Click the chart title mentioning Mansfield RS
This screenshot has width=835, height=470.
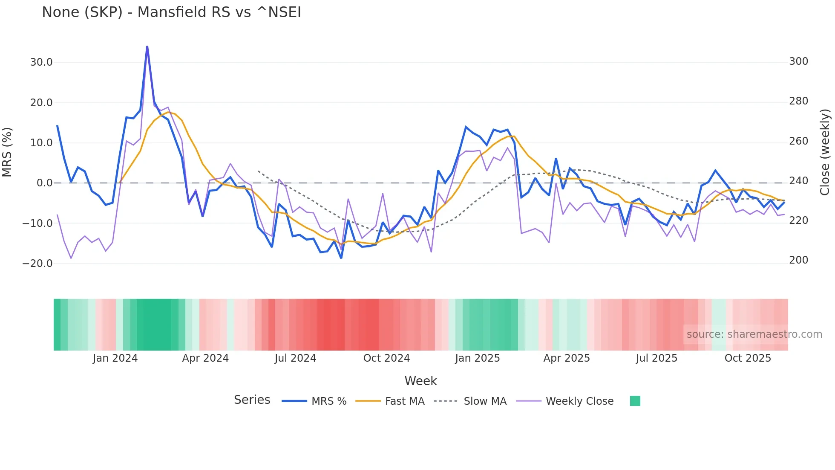click(171, 12)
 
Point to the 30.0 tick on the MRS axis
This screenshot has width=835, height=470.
click(41, 62)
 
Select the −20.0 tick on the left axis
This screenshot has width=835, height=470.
click(37, 264)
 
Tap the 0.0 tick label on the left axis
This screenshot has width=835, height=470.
click(44, 183)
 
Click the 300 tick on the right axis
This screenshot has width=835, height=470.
click(798, 61)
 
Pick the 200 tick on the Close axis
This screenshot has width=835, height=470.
click(798, 260)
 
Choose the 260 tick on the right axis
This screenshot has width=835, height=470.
click(798, 141)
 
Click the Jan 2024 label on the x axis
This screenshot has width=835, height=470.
click(115, 358)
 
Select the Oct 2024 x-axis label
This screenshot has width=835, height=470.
click(386, 358)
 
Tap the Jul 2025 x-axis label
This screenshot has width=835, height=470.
click(656, 358)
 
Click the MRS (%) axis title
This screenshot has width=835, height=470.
click(7, 152)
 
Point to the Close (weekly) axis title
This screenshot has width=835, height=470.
click(825, 152)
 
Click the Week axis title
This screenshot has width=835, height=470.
click(420, 381)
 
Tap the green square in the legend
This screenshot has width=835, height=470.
click(635, 401)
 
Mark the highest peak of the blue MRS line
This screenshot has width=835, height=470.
click(147, 46)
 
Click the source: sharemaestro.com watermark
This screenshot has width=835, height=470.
click(754, 334)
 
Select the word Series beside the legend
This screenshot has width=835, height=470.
click(252, 400)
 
